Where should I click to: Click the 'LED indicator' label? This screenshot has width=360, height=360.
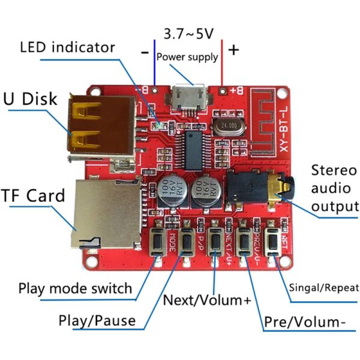(67, 46)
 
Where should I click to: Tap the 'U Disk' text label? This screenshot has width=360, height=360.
(31, 98)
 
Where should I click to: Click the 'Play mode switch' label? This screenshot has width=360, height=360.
(75, 288)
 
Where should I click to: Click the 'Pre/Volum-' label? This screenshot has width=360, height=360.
(305, 322)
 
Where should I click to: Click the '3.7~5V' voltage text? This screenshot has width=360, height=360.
(188, 34)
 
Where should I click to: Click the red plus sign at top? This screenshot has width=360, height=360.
(233, 49)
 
